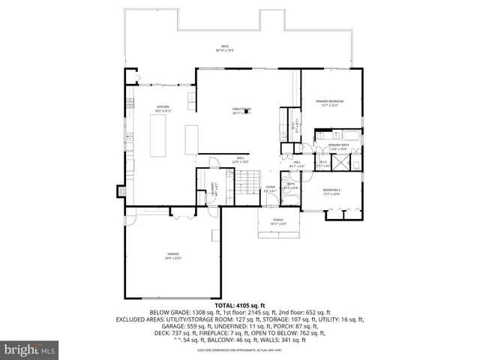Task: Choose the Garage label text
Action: pos(173,256)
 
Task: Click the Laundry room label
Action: pos(212,187)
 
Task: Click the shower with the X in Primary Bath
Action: pos(355,160)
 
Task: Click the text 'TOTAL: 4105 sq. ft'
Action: pos(240,305)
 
